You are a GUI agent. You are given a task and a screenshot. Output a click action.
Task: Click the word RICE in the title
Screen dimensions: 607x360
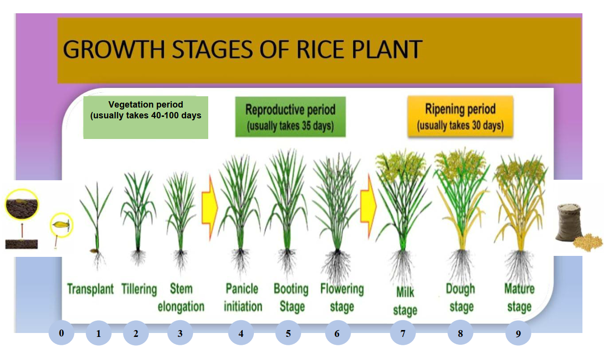click(320, 49)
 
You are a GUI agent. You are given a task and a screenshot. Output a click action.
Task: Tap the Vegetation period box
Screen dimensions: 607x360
click(146, 117)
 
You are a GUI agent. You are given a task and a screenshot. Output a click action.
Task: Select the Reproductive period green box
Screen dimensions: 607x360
click(291, 117)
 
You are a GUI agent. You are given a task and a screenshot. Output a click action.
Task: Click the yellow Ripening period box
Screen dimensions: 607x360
click(460, 116)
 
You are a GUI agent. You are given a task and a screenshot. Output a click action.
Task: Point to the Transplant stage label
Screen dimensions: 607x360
click(90, 289)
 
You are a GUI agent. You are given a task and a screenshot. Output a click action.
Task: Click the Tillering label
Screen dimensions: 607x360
click(139, 289)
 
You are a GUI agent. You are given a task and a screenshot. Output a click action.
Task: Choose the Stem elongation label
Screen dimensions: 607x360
click(181, 298)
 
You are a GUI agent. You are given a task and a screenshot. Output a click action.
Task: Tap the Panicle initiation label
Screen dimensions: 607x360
click(243, 298)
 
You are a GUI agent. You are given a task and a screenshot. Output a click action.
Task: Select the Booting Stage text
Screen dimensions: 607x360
click(291, 298)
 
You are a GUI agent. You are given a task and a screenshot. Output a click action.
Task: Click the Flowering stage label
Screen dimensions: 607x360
click(342, 298)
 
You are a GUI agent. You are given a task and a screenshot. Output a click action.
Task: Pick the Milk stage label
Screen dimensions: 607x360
click(405, 301)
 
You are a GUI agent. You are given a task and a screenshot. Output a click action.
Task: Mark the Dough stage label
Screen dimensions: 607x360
click(461, 298)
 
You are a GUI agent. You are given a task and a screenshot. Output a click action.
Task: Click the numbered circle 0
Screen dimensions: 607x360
click(61, 333)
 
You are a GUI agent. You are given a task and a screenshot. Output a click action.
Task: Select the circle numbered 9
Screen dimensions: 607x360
click(518, 333)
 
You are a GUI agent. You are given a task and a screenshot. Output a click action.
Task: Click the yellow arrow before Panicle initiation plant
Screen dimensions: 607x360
click(210, 208)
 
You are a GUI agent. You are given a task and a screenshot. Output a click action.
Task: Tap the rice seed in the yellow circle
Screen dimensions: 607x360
click(61, 224)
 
